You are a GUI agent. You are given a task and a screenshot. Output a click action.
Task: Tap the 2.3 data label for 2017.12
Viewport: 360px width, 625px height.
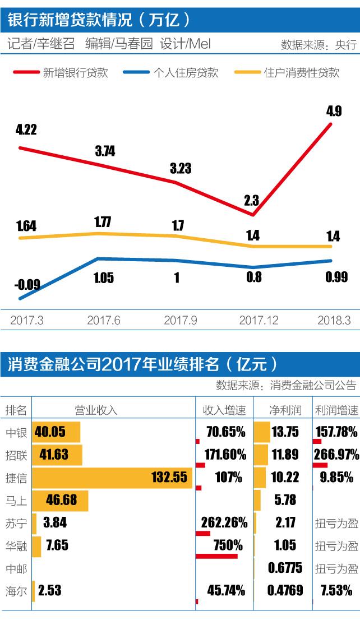pyautogui.click(x=252, y=200)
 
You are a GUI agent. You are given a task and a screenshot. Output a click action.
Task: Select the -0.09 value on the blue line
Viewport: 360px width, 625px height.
pyautogui.click(x=27, y=284)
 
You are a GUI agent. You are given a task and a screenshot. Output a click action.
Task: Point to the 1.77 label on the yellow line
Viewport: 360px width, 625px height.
pyautogui.click(x=103, y=222)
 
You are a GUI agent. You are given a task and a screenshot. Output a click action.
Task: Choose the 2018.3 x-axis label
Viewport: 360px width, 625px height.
pyautogui.click(x=334, y=320)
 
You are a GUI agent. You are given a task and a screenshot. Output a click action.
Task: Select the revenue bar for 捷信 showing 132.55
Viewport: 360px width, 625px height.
pyautogui.click(x=112, y=477)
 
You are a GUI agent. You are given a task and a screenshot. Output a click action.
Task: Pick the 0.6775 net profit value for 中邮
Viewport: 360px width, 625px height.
pyautogui.click(x=285, y=568)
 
